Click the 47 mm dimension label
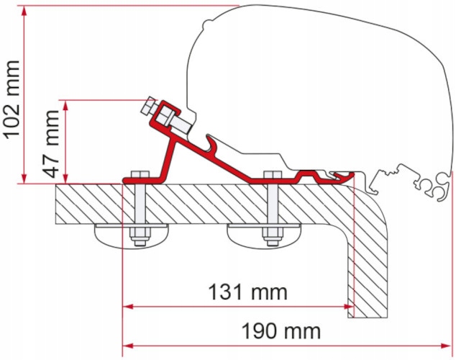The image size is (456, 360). [x=51, y=144]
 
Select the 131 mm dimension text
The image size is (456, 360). [x=247, y=292]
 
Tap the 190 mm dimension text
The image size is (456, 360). [x=281, y=331]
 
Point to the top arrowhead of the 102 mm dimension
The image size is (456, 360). [x=24, y=11]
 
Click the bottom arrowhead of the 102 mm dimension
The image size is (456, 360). [x=24, y=178]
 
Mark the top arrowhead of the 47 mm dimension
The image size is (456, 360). [x=65, y=106]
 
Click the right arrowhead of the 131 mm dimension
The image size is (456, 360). [x=349, y=307]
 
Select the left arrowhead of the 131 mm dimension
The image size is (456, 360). [x=128, y=307]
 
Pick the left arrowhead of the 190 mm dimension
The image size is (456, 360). [x=128, y=346]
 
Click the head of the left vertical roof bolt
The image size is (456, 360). [x=140, y=174]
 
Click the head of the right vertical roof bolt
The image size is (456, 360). [x=273, y=174]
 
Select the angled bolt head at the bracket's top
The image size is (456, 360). [x=148, y=105]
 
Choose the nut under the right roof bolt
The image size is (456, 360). [x=273, y=235]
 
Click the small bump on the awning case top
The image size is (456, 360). [x=207, y=23]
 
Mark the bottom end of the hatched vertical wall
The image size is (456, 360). [x=368, y=318]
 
